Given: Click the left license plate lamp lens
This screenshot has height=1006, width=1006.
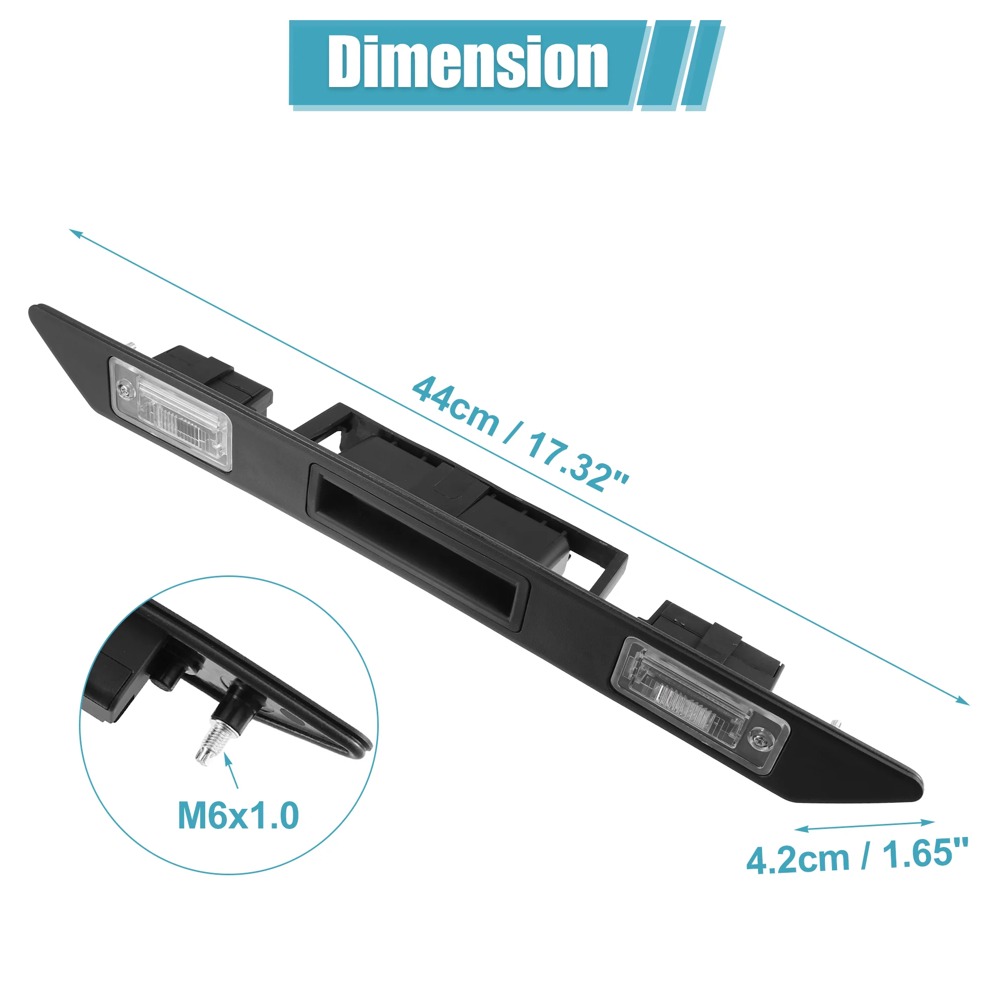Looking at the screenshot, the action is click(171, 413).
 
